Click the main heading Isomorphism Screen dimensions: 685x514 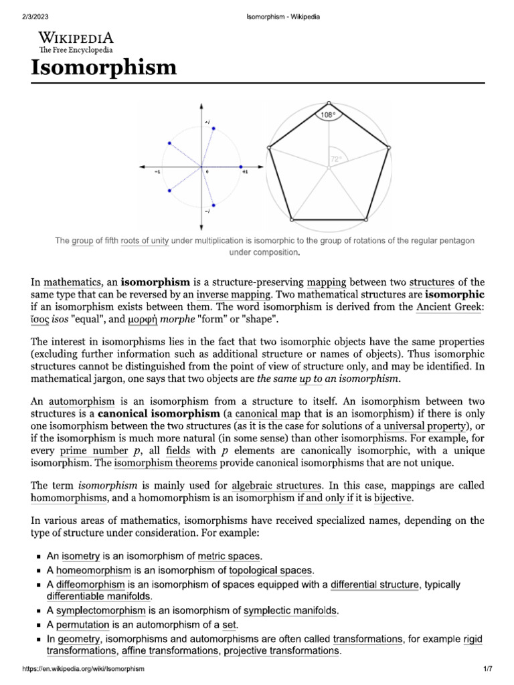click(104, 68)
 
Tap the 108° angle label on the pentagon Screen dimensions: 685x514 click(327, 115)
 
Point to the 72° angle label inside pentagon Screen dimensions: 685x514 click(335, 159)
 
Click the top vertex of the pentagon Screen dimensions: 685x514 click(328, 103)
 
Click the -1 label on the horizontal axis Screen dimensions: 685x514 click(157, 172)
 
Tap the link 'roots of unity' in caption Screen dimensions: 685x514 click(145, 241)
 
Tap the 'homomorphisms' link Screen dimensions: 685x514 click(69, 498)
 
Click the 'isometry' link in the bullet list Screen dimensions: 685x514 click(81, 555)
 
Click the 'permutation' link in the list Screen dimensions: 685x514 click(84, 624)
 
